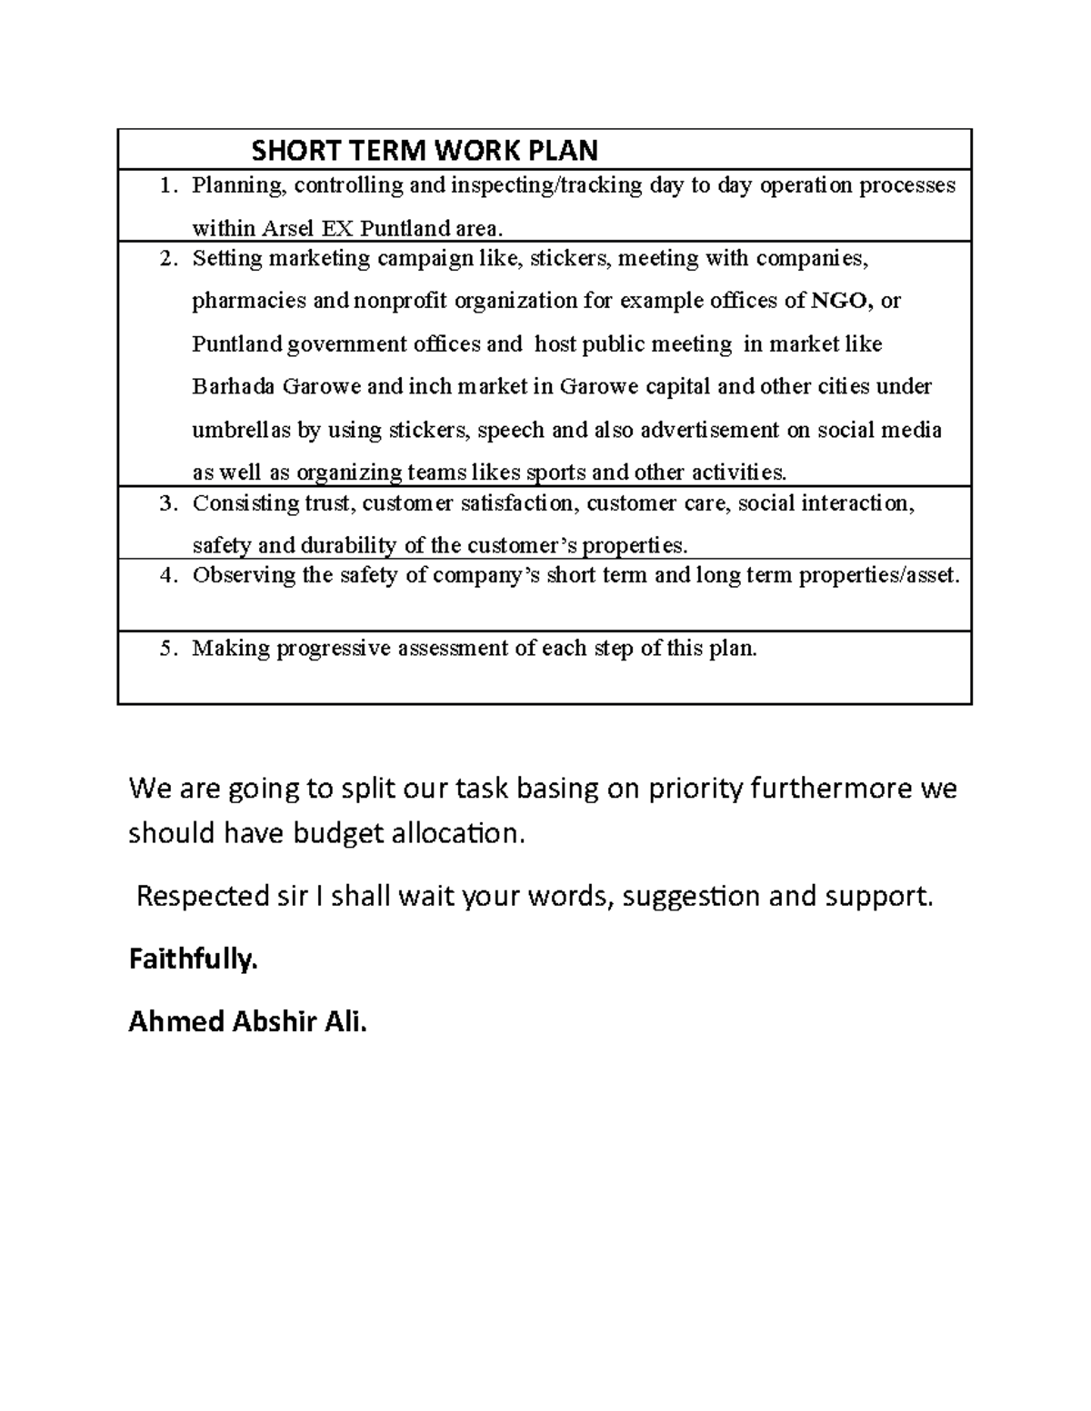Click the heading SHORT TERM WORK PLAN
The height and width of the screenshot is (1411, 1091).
click(425, 150)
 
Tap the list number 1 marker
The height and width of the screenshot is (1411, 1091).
click(166, 186)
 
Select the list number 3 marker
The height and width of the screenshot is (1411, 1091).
click(166, 503)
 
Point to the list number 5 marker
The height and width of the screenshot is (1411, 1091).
click(166, 649)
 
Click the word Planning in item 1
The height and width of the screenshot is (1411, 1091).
click(239, 186)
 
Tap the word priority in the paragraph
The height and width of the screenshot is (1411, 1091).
click(696, 789)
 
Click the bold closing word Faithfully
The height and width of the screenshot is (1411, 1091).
click(193, 959)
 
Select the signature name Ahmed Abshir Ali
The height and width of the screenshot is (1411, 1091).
click(248, 1022)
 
